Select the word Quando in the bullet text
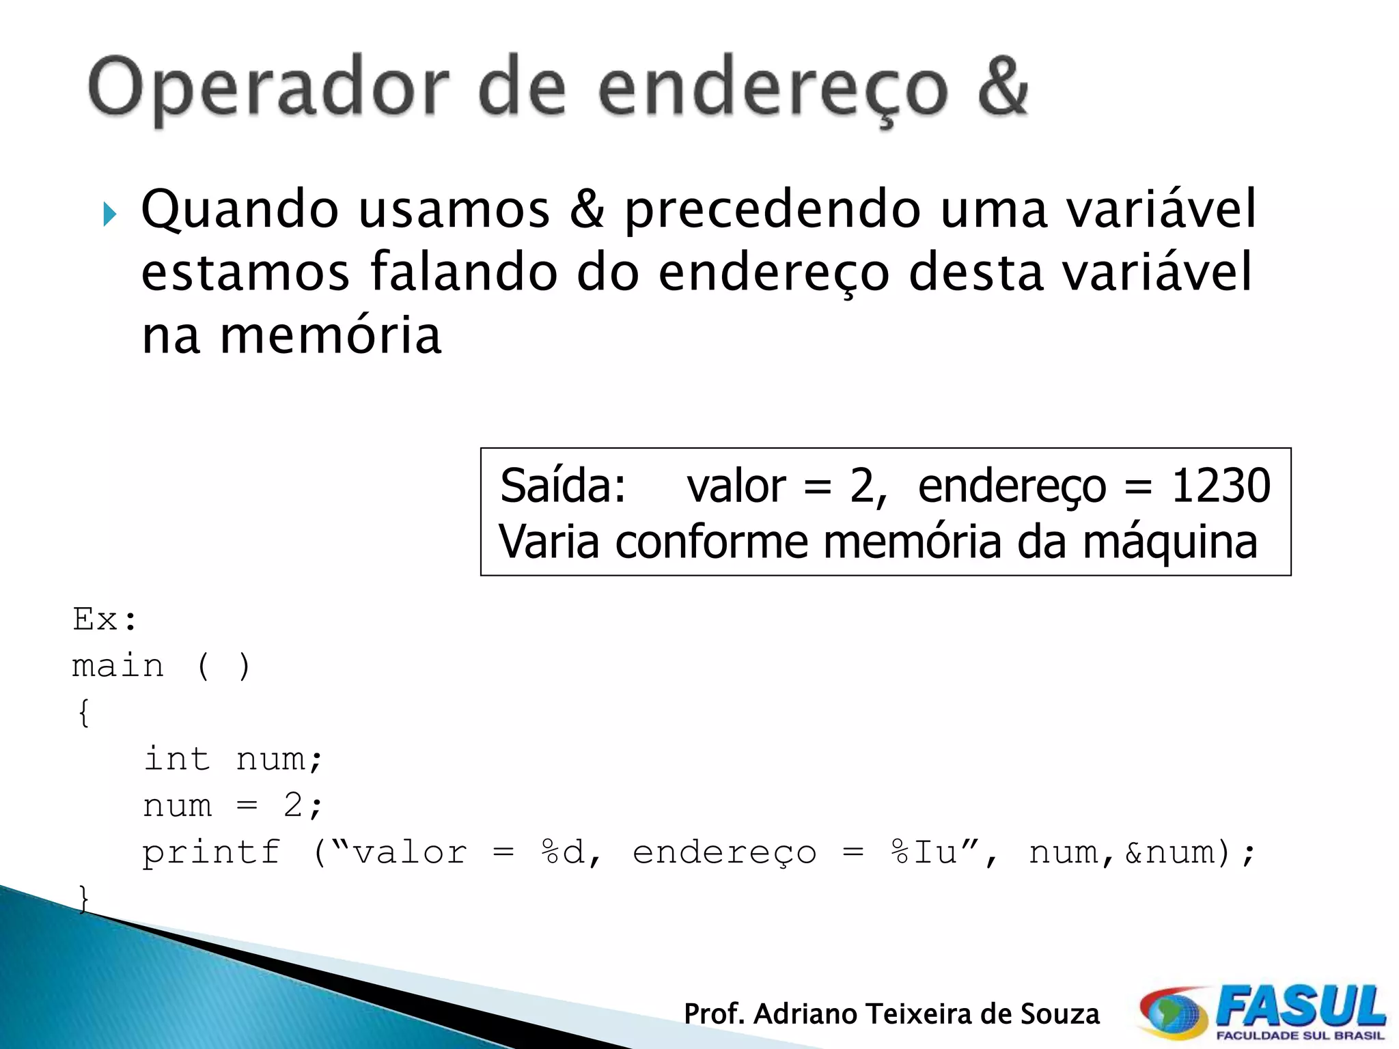pos(239,210)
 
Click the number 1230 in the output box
pos(1221,486)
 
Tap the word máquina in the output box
pos(1169,542)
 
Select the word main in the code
pos(118,666)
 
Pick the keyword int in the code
pos(176,759)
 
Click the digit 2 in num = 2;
pos(293,806)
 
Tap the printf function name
pos(211,852)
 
